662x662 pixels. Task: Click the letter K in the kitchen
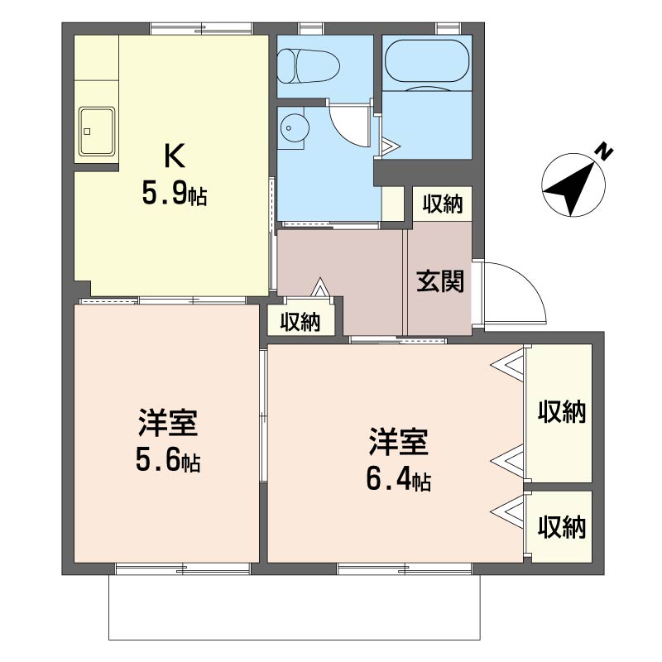(x=175, y=156)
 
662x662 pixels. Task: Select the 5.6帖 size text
(x=168, y=460)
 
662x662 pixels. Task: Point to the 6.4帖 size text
(x=399, y=480)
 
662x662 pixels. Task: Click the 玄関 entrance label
(x=440, y=281)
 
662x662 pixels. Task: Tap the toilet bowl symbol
(x=309, y=67)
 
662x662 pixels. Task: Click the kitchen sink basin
(x=97, y=132)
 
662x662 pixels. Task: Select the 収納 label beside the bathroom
(x=443, y=204)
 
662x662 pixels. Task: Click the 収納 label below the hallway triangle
(x=300, y=323)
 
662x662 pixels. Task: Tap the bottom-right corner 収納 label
(x=562, y=527)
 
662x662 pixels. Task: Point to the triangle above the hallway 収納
(x=320, y=287)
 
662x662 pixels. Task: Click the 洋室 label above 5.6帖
(x=168, y=422)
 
